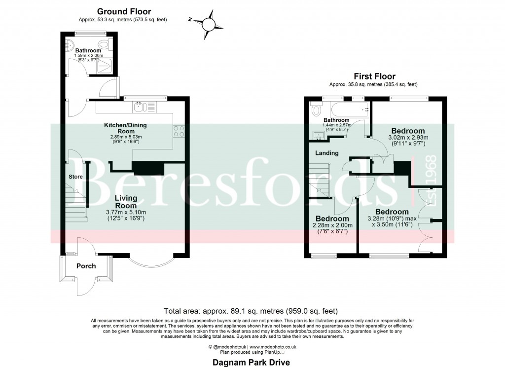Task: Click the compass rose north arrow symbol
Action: [207, 24]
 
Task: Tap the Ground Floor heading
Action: [124, 11]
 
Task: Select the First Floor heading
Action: [374, 76]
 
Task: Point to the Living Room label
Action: [126, 202]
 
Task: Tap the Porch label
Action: [86, 266]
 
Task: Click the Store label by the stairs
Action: [75, 176]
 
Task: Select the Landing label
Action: [327, 153]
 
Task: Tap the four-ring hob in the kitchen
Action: [180, 131]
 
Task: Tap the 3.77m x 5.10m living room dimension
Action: [126, 212]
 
